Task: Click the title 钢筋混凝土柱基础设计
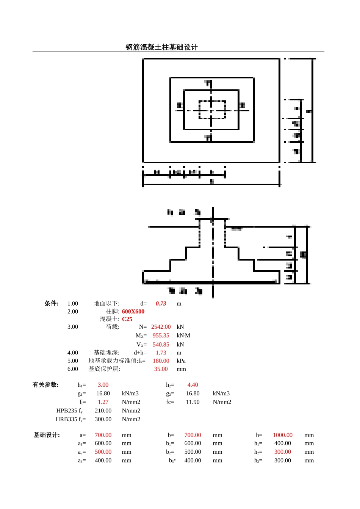(161, 47)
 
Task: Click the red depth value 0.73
(161, 304)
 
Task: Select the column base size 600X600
(133, 312)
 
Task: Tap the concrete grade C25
(127, 319)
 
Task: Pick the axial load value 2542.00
(161, 327)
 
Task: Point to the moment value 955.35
(161, 336)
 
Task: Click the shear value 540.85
(161, 345)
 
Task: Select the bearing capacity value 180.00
(161, 361)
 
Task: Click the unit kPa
(181, 361)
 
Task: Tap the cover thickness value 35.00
(161, 369)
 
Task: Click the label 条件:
(52, 303)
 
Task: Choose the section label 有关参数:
(45, 385)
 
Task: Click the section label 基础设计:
(47, 435)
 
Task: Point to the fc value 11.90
(193, 402)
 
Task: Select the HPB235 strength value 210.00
(103, 411)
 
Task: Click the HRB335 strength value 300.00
(103, 419)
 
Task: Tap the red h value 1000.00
(283, 435)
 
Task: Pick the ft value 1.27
(103, 402)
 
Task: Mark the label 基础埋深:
(106, 353)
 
